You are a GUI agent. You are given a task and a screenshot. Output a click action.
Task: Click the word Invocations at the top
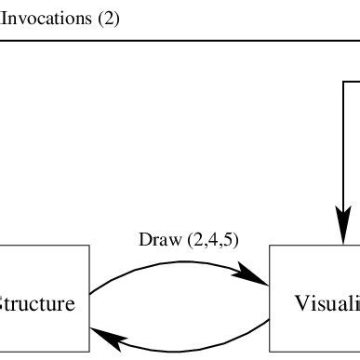47,18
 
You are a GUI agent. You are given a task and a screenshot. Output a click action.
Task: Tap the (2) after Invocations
108,18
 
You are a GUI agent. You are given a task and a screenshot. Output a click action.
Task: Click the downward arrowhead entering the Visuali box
343,233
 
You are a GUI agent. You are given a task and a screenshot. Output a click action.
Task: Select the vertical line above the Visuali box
343,158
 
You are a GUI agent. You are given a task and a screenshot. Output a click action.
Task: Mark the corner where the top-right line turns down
343,81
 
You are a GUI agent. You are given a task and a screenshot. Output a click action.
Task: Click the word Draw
154,239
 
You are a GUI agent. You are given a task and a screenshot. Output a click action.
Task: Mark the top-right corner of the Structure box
89,247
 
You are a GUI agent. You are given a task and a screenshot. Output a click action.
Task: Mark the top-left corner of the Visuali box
270,247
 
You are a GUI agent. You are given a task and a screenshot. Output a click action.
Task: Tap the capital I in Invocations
5,18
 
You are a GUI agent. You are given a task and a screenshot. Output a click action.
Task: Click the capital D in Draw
143,239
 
